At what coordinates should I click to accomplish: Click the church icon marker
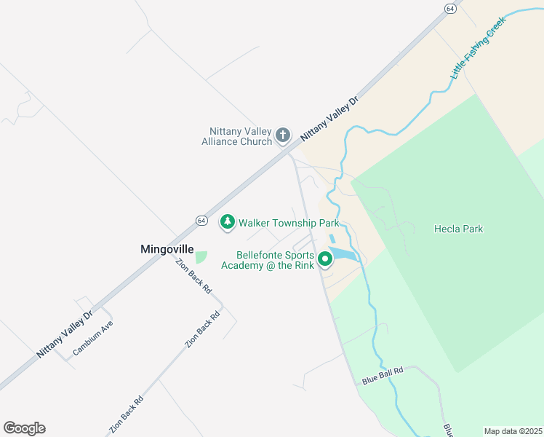pos(283,135)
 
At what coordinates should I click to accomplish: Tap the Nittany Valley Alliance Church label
pos(236,135)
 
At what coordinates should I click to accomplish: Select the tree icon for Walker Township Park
pos(228,222)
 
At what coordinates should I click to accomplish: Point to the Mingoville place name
pos(167,249)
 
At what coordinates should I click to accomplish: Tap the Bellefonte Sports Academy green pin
pos(334,259)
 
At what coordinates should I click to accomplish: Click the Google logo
pos(24,428)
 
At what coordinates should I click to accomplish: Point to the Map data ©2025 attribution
pos(512,431)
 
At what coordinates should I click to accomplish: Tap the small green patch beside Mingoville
pos(201,257)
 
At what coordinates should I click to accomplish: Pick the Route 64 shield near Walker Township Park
pos(201,220)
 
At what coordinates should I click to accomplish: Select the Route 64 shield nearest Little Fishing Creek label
pos(451,8)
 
